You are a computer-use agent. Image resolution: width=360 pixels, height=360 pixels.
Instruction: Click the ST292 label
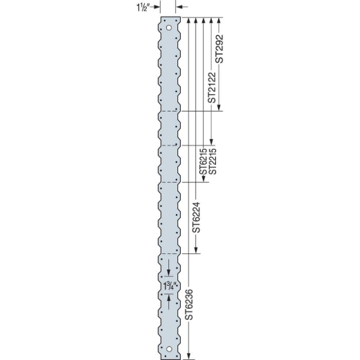[x=219, y=50]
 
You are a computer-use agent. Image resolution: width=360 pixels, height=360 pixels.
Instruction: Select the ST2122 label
[x=210, y=84]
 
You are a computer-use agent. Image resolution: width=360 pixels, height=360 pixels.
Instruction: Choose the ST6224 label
[x=197, y=216]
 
